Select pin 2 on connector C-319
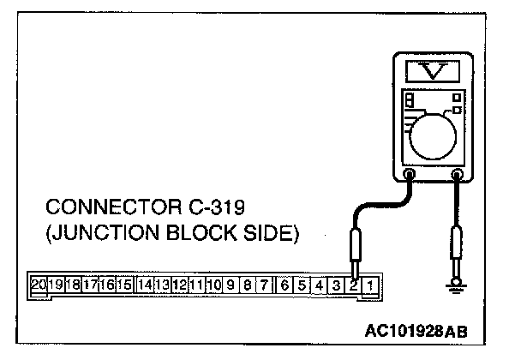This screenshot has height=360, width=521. [352, 284]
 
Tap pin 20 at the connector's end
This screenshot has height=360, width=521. [39, 284]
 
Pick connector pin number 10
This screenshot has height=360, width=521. [214, 284]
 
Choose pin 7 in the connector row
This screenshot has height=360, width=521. [265, 284]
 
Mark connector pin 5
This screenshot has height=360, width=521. [302, 284]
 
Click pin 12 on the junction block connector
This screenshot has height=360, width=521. [180, 284]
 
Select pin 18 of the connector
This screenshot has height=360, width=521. [73, 284]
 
